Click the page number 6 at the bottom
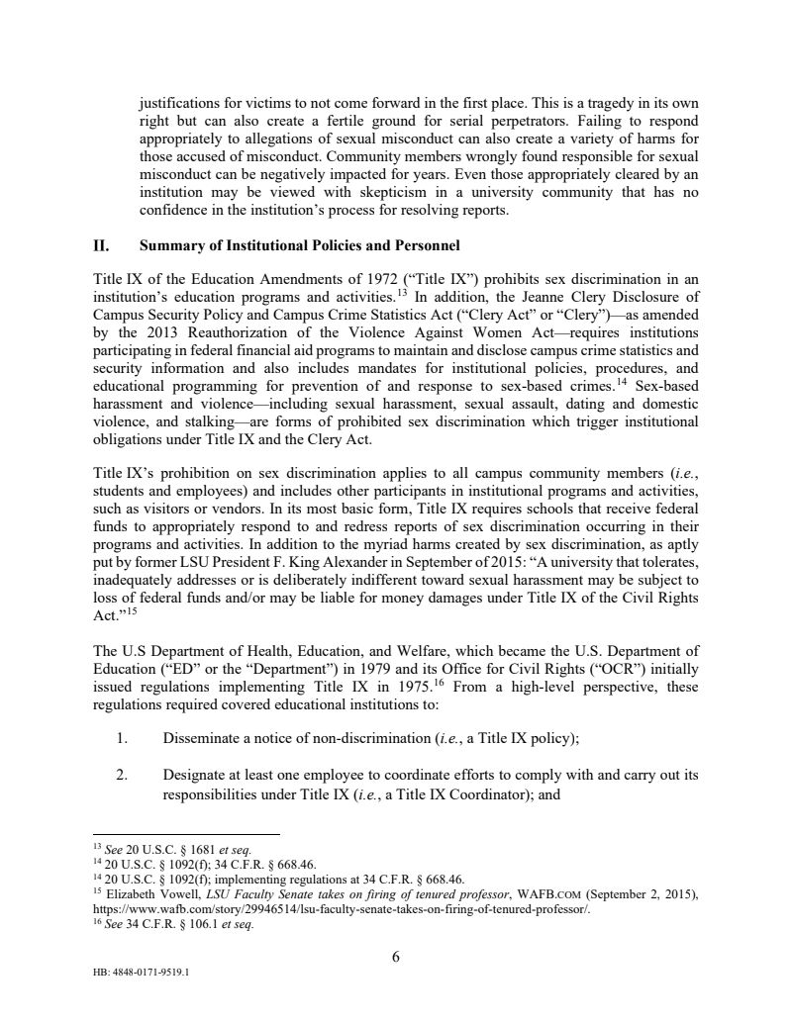coord(396,955)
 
